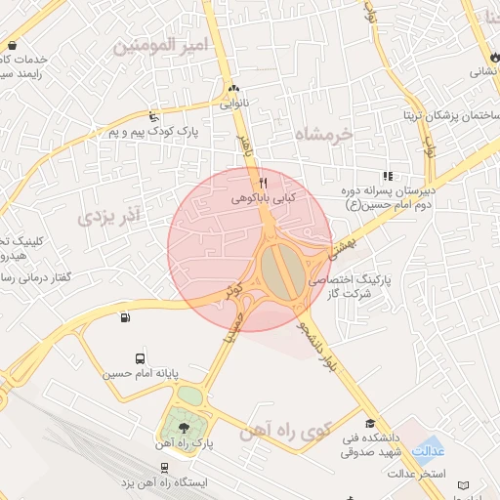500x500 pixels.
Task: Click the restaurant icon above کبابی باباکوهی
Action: pos(262,182)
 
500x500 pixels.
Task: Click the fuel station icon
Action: pos(124,317)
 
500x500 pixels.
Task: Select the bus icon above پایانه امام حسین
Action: pos(141,358)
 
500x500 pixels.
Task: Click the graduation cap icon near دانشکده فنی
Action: pos(369,423)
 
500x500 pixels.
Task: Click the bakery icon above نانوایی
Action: pos(232,88)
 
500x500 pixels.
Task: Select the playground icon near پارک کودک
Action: pos(152,115)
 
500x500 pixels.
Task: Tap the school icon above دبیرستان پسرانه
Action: pos(388,176)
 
